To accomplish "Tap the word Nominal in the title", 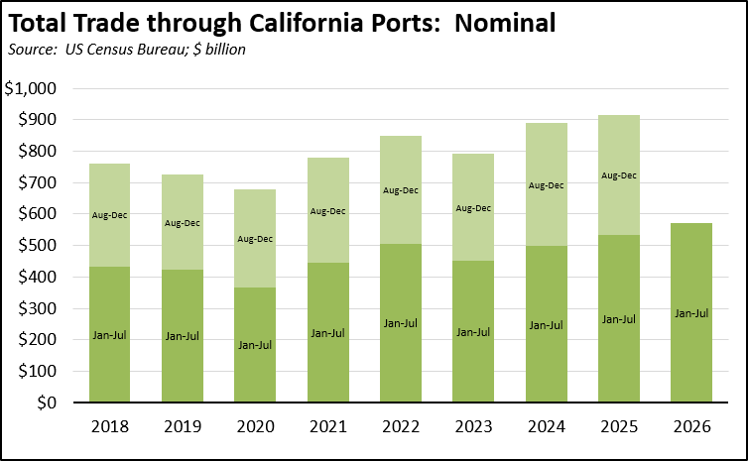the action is click(505, 23).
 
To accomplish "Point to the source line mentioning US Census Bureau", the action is click(127, 50).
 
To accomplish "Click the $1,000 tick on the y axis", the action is click(31, 88).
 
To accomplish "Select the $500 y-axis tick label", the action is click(37, 245).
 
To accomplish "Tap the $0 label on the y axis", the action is click(47, 403).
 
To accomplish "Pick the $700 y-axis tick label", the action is click(37, 182).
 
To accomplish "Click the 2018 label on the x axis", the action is click(110, 426).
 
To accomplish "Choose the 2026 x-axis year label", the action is click(691, 426).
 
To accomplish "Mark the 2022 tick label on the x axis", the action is click(401, 426).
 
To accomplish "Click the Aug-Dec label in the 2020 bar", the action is click(255, 239).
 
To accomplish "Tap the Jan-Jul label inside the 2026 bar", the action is click(691, 313).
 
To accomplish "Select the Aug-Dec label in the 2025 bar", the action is click(619, 175).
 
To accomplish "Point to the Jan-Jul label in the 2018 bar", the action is click(109, 335).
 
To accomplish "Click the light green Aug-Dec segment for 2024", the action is click(547, 184).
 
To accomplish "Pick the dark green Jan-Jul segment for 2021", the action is click(327, 332).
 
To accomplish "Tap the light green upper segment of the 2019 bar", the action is click(183, 222).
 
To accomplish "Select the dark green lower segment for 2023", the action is click(473, 331).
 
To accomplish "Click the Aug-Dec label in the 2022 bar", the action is click(401, 190).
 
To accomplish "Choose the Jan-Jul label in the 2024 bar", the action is click(547, 325).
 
